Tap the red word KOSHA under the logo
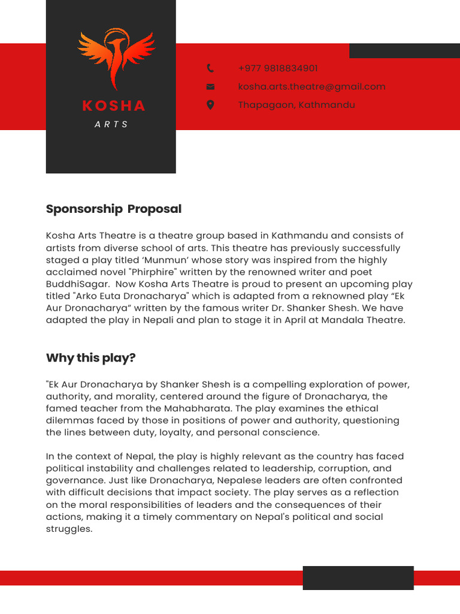(114, 106)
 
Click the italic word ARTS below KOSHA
(111, 124)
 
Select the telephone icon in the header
(210, 68)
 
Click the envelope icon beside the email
(210, 87)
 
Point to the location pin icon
(210, 105)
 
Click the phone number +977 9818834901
(278, 68)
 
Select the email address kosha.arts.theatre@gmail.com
(311, 87)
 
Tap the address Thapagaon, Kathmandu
(296, 105)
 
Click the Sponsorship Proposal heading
(114, 209)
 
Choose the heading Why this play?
(91, 358)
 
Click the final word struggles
(69, 529)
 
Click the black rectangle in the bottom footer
(358, 578)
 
